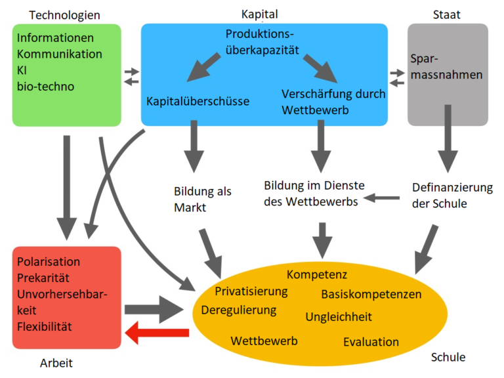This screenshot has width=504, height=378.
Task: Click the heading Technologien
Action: click(x=65, y=14)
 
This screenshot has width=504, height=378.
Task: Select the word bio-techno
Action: click(x=46, y=86)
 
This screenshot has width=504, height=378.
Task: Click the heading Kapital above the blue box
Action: click(x=261, y=14)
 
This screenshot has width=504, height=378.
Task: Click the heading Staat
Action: click(x=447, y=14)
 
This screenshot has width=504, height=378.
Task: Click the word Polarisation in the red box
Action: click(x=49, y=261)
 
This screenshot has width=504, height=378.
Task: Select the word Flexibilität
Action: click(x=45, y=325)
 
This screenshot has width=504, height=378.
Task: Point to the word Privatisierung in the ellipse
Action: click(x=251, y=291)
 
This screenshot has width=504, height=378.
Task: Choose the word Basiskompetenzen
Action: click(x=371, y=293)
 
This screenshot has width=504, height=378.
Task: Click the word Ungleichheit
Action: click(x=339, y=317)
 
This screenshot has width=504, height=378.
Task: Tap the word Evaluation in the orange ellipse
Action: click(x=371, y=341)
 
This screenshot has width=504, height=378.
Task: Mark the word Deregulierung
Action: click(x=239, y=309)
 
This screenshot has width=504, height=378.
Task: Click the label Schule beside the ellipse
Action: click(x=448, y=357)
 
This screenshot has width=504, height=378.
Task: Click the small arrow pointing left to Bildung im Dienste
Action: click(x=382, y=197)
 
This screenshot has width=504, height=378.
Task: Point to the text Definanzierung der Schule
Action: click(x=452, y=196)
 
